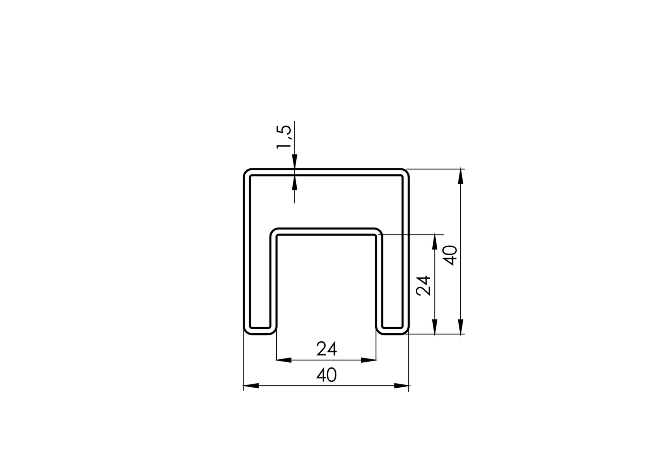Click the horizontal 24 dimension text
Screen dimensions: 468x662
[327, 349]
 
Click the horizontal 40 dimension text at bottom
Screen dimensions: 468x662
[327, 375]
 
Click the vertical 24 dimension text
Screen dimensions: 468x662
[424, 285]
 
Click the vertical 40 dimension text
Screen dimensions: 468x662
[450, 255]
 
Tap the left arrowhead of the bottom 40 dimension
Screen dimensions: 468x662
[251, 386]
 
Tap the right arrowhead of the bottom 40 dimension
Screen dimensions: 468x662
[402, 386]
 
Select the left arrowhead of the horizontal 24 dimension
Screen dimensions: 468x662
[284, 360]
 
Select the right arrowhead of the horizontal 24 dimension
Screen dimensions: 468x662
[369, 360]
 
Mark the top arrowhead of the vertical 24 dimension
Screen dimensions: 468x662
[435, 242]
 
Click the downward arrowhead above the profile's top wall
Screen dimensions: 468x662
[294, 162]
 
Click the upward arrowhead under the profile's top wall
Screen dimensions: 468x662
[294, 183]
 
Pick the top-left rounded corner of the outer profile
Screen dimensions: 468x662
[247, 172]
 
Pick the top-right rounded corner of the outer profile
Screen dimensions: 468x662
[405, 172]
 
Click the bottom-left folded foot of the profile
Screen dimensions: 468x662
[260, 330]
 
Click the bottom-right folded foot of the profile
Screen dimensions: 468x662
[392, 330]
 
